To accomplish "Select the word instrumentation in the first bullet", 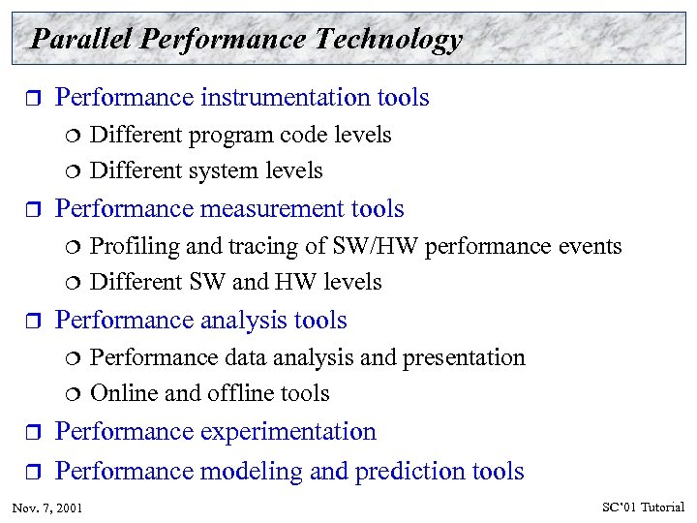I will pos(282,98).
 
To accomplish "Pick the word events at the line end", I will pos(590,247).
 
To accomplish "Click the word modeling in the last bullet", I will pos(242,472).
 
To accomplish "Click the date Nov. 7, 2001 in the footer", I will pos(47,508).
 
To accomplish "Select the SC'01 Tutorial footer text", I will pos(643,508).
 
